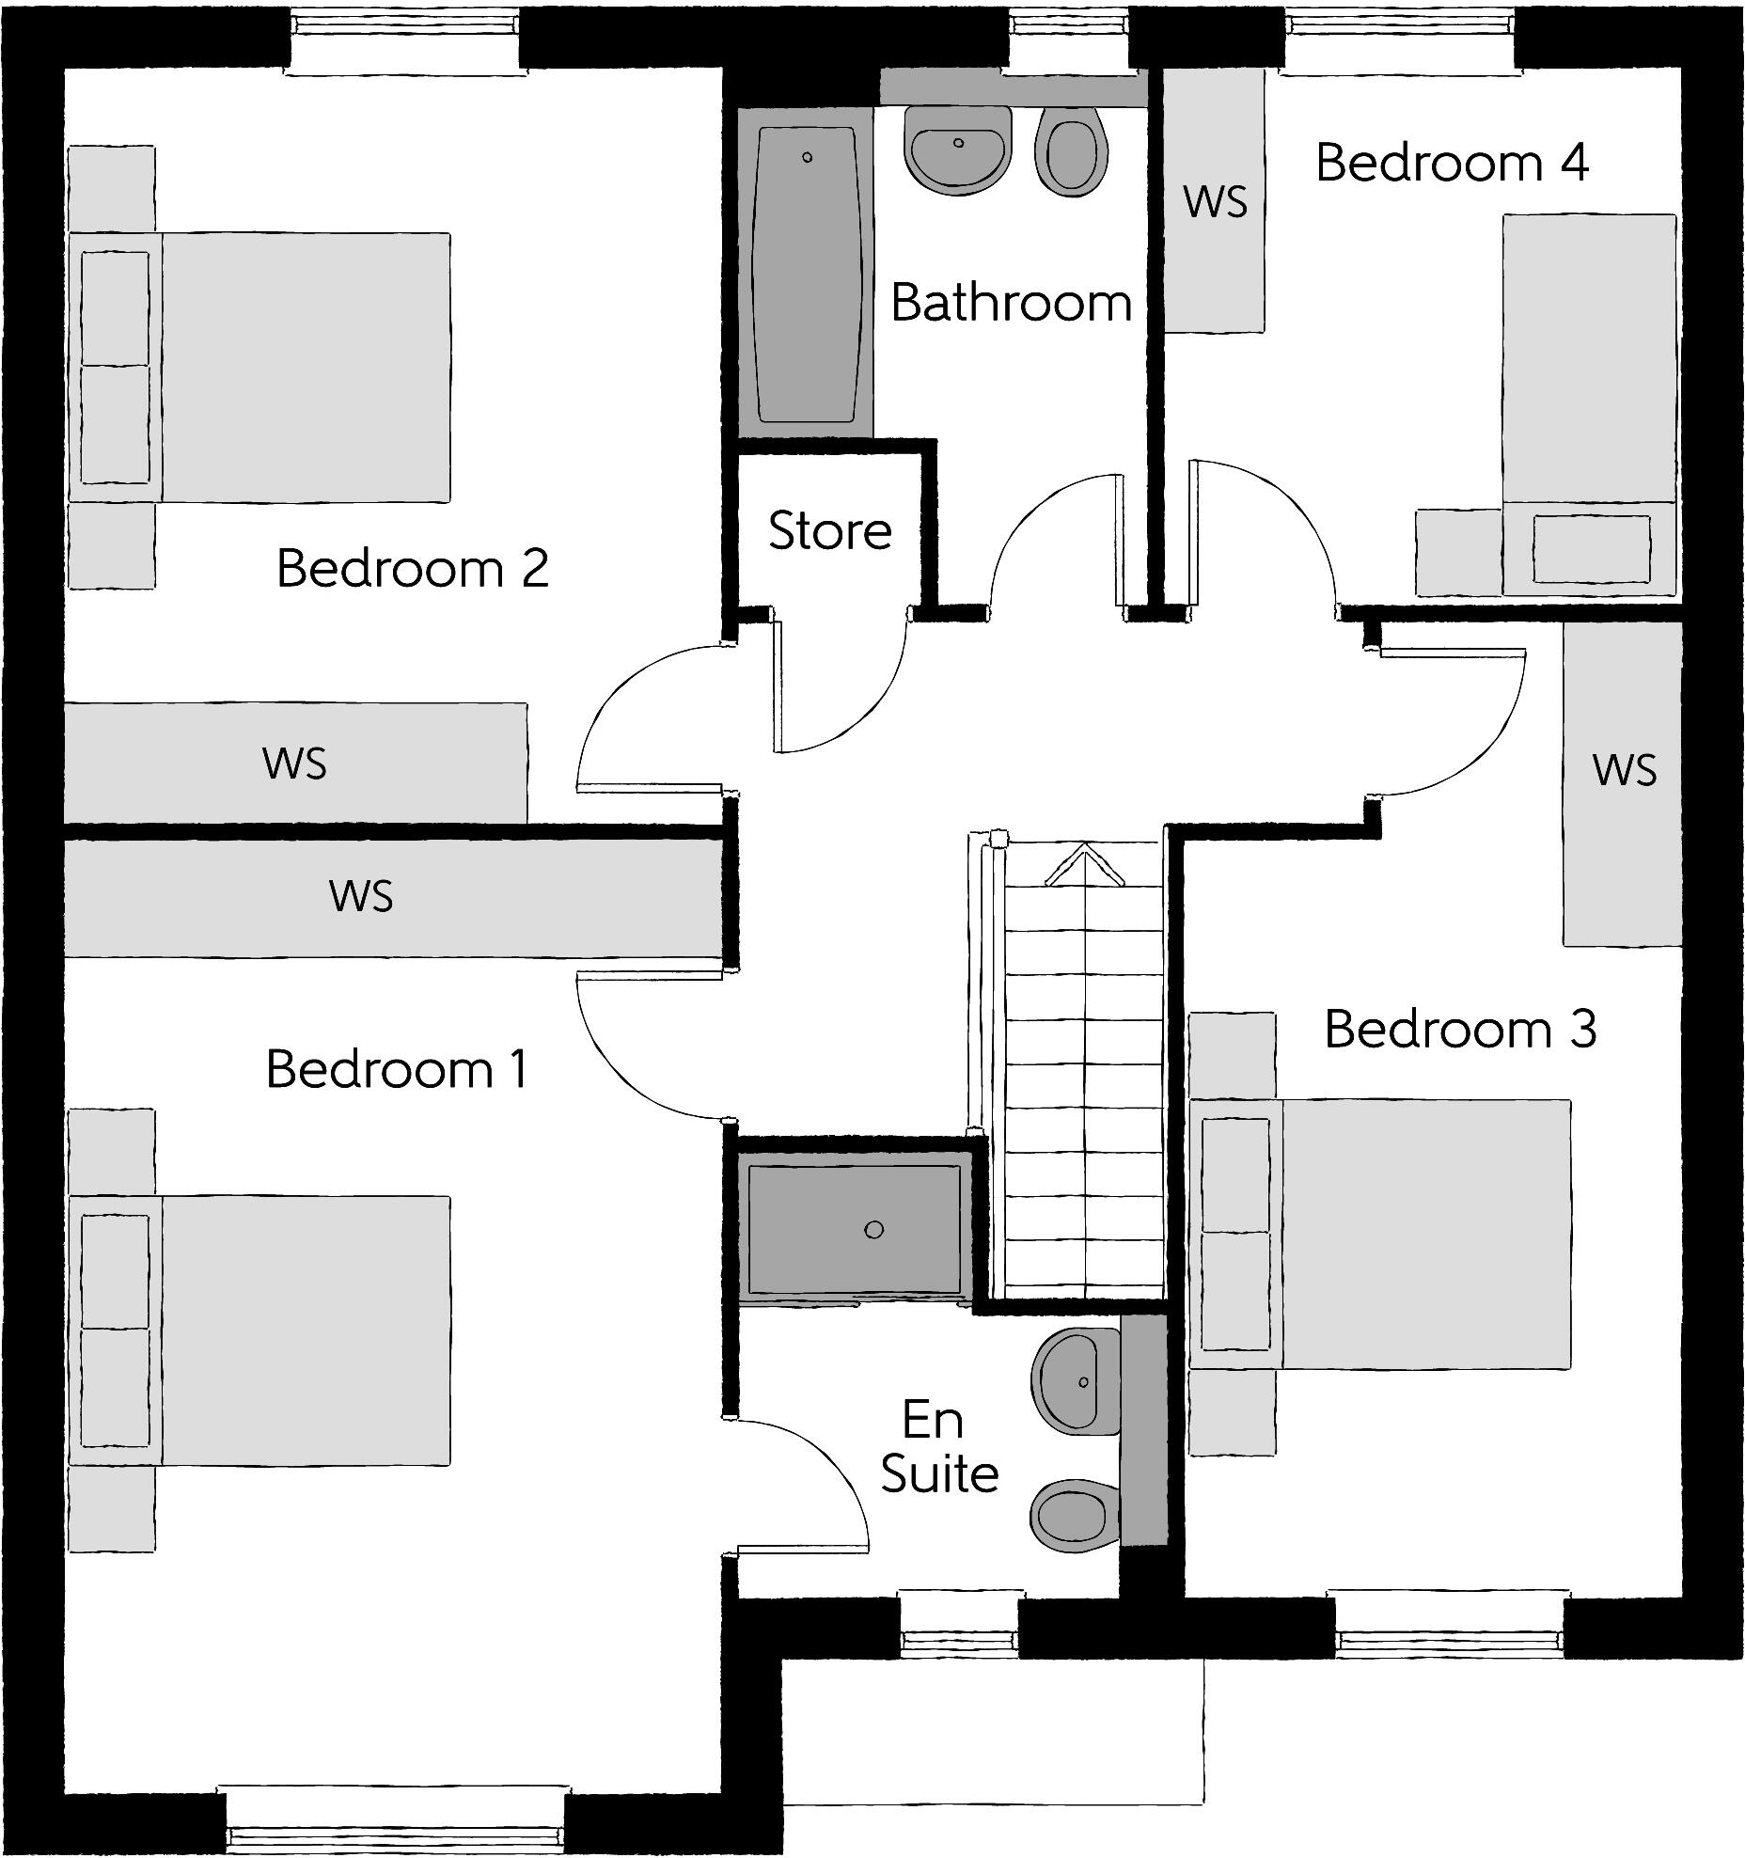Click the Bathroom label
[x=1011, y=303]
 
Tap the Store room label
[x=829, y=530]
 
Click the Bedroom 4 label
[x=1451, y=163]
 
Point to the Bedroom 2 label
[x=412, y=568]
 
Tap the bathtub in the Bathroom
[x=806, y=273]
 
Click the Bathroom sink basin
[x=957, y=149]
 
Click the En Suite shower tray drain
[x=873, y=1230]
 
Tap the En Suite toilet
[x=1072, y=1515]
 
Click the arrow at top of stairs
[x=1084, y=864]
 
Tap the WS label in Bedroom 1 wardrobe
[x=361, y=896]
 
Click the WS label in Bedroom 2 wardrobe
[x=294, y=764]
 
